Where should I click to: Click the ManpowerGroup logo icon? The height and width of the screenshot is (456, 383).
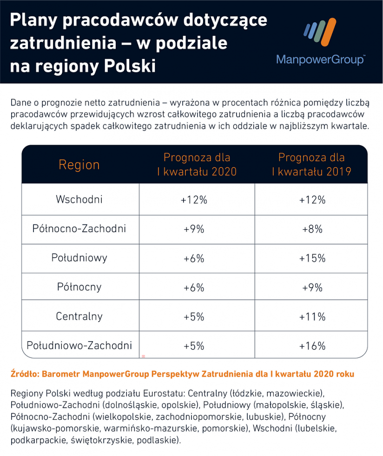point(319,34)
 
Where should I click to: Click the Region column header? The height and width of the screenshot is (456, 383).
point(79,165)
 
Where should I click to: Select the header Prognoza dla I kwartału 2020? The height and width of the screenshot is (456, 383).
point(197,164)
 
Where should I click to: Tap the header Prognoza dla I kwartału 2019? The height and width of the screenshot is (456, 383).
point(311,164)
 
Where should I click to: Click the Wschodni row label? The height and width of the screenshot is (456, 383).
point(79,200)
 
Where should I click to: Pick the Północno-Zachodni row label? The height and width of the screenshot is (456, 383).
point(79,229)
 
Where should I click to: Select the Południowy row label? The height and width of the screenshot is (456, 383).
point(79,258)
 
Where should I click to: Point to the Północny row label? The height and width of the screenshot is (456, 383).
point(79,287)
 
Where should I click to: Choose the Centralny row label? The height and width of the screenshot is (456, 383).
point(79,316)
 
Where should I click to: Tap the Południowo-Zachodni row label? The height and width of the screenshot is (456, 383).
point(79,345)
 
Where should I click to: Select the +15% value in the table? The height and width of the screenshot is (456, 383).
point(312,258)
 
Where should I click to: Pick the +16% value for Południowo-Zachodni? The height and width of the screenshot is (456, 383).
point(312,346)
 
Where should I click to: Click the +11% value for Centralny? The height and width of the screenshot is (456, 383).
point(312,317)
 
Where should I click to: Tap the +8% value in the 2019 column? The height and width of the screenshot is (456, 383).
point(312,229)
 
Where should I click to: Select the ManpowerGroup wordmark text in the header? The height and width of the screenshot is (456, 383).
point(320,60)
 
